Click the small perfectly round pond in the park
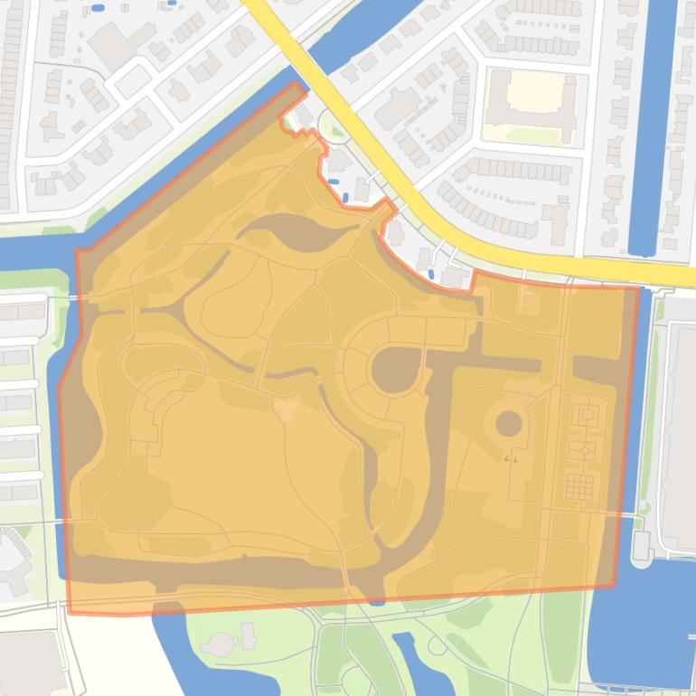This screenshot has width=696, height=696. click(509, 422)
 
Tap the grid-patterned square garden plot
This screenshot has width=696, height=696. click(578, 486)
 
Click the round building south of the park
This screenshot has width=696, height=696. click(221, 644)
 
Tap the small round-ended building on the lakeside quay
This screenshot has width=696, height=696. click(641, 544)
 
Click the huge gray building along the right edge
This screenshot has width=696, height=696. click(680, 425)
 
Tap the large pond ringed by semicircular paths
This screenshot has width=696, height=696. click(392, 371)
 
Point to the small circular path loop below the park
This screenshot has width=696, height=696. click(438, 645)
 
